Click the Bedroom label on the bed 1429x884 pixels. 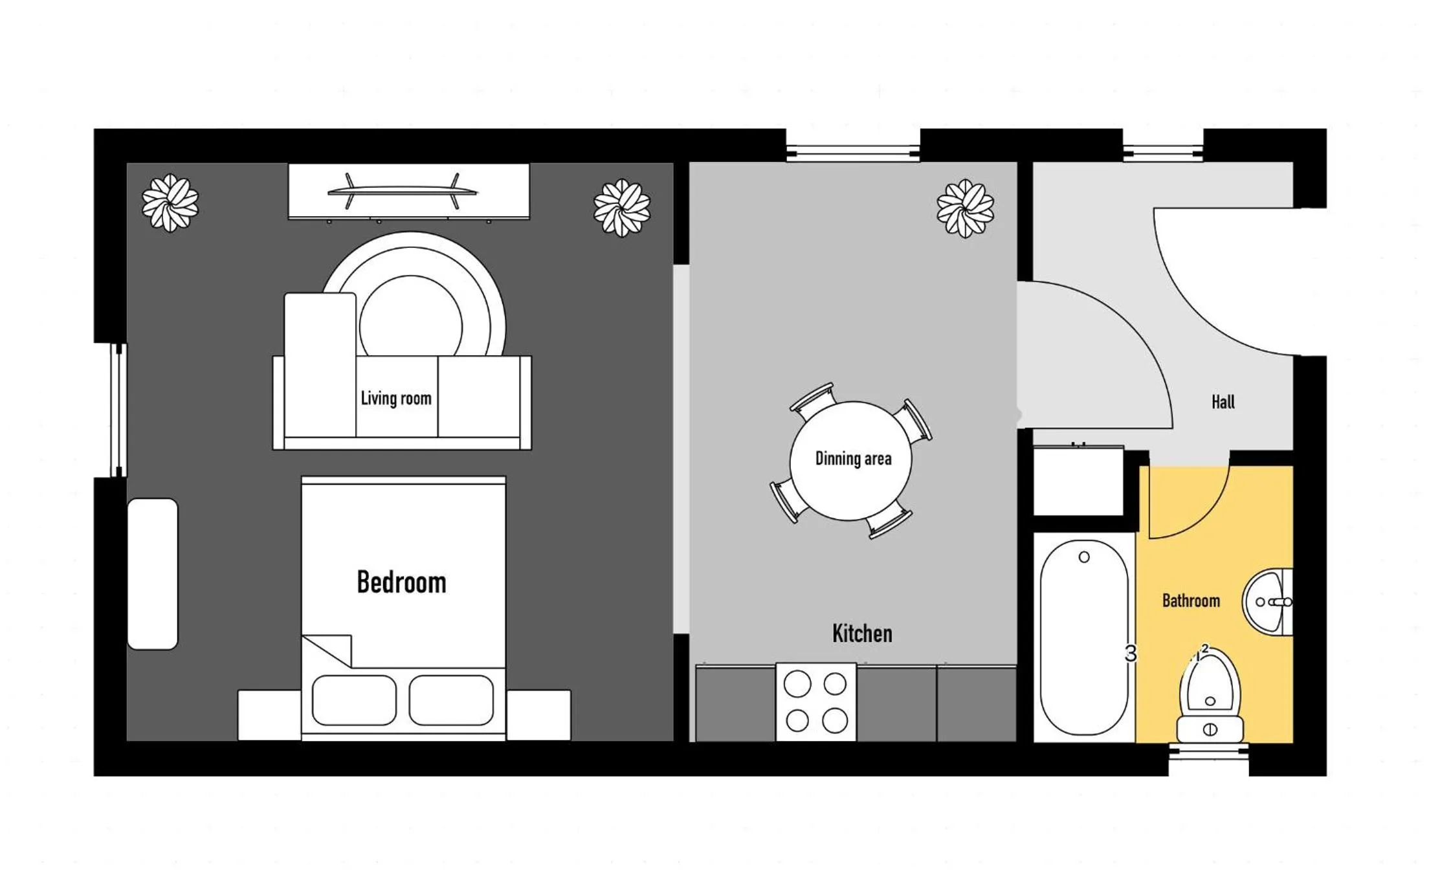pyautogui.click(x=401, y=582)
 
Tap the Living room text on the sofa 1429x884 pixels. pyautogui.click(x=396, y=398)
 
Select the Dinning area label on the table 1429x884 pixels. pyautogui.click(x=853, y=459)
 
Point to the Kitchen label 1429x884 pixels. pyautogui.click(x=862, y=633)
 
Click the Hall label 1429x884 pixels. pyautogui.click(x=1223, y=402)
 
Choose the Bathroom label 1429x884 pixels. pyautogui.click(x=1191, y=601)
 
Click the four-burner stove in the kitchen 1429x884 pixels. pyautogui.click(x=815, y=702)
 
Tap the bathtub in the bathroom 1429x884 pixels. pyautogui.click(x=1083, y=637)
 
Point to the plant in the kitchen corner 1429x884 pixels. pyautogui.click(x=965, y=208)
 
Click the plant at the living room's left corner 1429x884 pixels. pyautogui.click(x=170, y=203)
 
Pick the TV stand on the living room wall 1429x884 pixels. pyautogui.click(x=408, y=192)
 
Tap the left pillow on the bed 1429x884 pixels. pyautogui.click(x=354, y=700)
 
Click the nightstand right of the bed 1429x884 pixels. pyautogui.click(x=538, y=714)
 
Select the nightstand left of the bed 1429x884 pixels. pyautogui.click(x=269, y=714)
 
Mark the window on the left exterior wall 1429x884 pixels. pyautogui.click(x=118, y=411)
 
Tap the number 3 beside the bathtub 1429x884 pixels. pyautogui.click(x=1130, y=654)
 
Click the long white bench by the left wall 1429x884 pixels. pyautogui.click(x=153, y=573)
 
